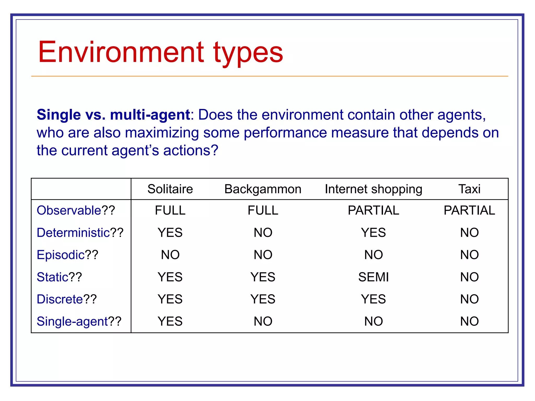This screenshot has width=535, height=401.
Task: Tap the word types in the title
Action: [248, 54]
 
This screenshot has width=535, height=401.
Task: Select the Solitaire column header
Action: [170, 189]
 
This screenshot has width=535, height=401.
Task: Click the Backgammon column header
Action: [263, 189]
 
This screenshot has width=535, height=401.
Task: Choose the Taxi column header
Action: [469, 189]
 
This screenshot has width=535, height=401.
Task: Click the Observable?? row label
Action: [76, 210]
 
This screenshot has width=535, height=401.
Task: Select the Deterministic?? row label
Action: [80, 233]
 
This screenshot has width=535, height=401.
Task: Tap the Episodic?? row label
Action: [67, 255]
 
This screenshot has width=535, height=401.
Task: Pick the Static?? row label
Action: [59, 277]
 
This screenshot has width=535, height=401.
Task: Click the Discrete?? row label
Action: [67, 299]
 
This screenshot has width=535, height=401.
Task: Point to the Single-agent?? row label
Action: [79, 321]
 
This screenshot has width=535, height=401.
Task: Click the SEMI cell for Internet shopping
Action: [373, 277]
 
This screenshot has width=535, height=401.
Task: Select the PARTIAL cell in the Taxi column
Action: [469, 210]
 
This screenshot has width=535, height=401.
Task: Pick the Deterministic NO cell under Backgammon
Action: [263, 233]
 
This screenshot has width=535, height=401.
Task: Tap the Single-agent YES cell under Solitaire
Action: [170, 321]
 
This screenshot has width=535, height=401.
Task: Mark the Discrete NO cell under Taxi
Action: [469, 299]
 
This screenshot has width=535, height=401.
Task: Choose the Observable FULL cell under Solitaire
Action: [170, 210]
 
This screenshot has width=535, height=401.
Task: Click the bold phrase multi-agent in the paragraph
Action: [150, 115]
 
